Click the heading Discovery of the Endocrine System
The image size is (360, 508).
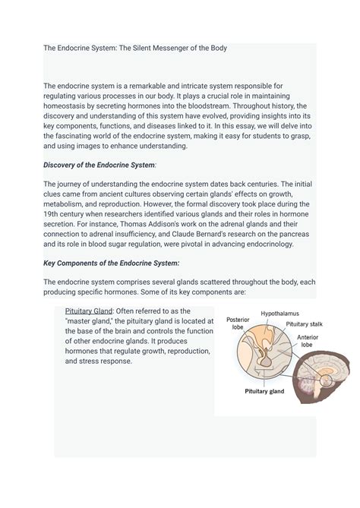109,165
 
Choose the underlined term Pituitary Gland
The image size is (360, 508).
89,311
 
